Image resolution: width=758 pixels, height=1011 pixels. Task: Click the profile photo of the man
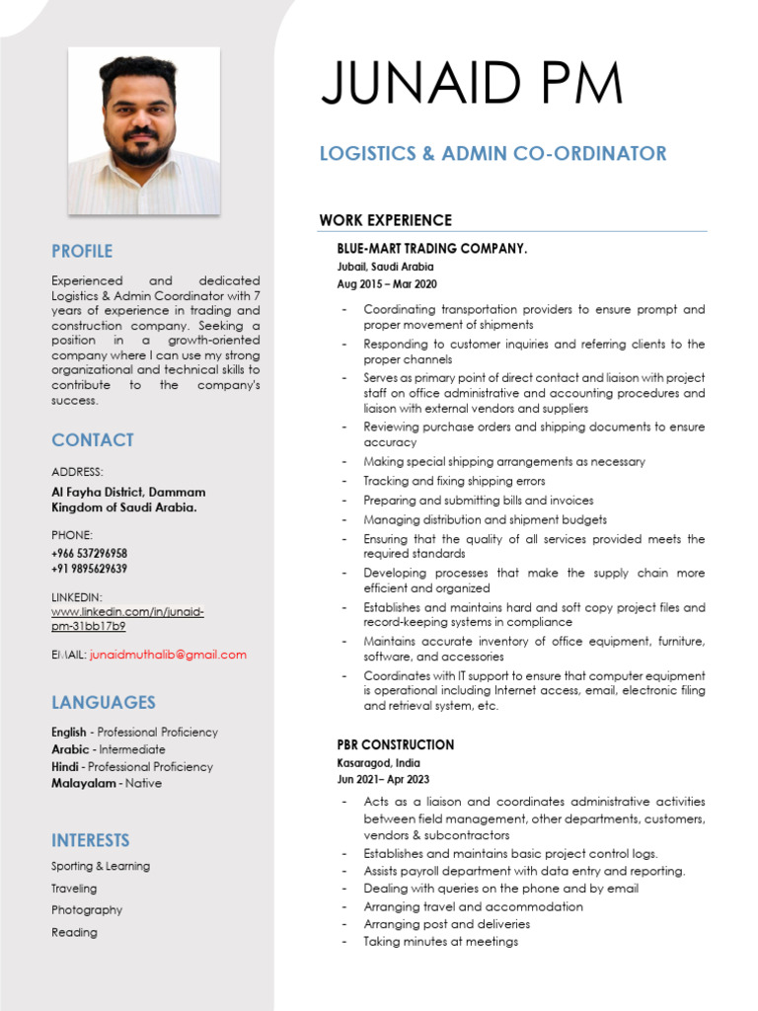tap(143, 130)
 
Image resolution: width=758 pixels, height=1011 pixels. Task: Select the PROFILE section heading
tap(82, 251)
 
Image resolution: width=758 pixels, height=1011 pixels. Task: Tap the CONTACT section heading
tap(93, 440)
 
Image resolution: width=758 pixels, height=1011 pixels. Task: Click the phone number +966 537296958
tap(90, 553)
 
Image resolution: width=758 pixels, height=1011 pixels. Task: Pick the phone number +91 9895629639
tap(89, 569)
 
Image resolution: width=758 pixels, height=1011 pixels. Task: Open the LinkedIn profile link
tap(127, 619)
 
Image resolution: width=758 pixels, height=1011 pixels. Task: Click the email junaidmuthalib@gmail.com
tap(168, 655)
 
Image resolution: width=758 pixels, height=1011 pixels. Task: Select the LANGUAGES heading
tap(104, 702)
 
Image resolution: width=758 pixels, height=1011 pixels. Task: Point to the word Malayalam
tap(83, 783)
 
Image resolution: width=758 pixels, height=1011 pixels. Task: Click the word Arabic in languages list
tap(69, 749)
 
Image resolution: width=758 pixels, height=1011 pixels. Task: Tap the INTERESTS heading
tap(91, 840)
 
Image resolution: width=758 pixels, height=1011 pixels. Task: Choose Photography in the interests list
tap(87, 910)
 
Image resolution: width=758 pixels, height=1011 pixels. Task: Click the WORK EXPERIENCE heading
tap(385, 220)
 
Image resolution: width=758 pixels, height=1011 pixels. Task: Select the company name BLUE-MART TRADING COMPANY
tap(432, 249)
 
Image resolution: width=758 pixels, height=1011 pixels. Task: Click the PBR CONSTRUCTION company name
tap(396, 744)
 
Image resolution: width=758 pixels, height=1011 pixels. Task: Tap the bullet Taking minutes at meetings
tap(440, 942)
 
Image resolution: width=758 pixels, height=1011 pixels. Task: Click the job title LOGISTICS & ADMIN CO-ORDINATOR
tap(493, 153)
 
